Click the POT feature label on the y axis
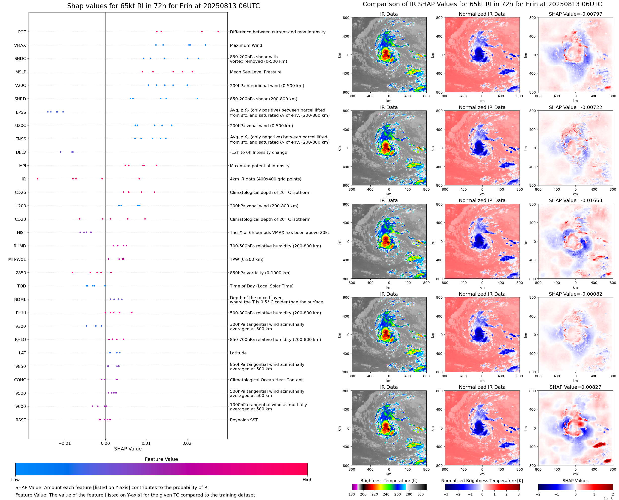coord(22,32)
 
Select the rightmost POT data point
coord(218,32)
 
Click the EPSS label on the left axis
coord(21,112)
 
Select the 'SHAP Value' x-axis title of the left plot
coord(128,449)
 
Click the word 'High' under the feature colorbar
coord(307,480)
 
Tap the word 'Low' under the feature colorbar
coord(15,480)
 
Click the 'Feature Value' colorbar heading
coord(161,459)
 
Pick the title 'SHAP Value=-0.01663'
coord(575,200)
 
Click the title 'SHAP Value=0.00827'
coord(575,387)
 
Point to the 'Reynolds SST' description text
coord(244,420)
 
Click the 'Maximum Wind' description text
coord(246,45)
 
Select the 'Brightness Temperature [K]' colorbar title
coord(389,481)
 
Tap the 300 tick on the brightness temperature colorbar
coord(421,494)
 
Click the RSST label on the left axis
coord(21,420)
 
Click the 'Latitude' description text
coord(238,353)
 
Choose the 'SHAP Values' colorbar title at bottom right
coord(575,481)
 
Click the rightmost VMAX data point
coord(205,45)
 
